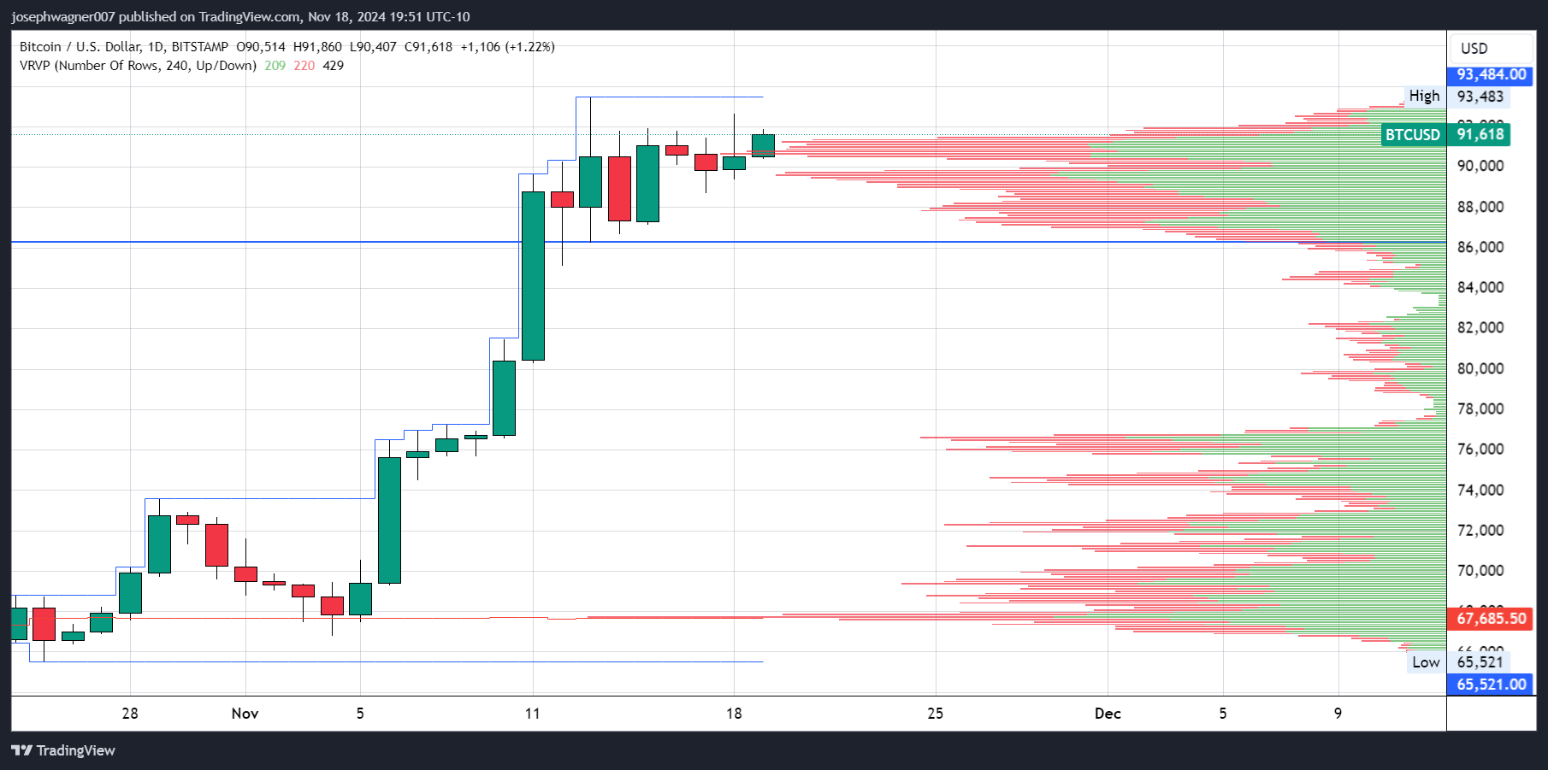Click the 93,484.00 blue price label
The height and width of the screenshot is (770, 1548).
click(x=1491, y=75)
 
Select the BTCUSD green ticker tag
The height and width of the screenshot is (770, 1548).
click(x=1412, y=135)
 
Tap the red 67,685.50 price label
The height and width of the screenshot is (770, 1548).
click(x=1491, y=619)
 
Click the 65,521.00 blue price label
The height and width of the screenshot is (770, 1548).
click(x=1491, y=685)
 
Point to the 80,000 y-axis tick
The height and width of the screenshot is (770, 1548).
click(x=1480, y=369)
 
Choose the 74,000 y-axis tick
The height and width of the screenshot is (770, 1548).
click(x=1480, y=491)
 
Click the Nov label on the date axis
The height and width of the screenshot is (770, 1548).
click(x=245, y=714)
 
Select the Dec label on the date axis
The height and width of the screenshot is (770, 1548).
click(x=1108, y=714)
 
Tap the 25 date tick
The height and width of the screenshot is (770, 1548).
click(x=935, y=714)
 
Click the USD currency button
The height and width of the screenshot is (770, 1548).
click(x=1474, y=49)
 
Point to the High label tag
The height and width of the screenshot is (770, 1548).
click(x=1424, y=97)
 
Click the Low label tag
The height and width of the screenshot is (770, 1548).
click(x=1426, y=662)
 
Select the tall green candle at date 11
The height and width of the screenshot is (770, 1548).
click(x=533, y=275)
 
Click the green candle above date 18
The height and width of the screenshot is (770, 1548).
click(x=734, y=162)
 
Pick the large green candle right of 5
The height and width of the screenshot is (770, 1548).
click(x=389, y=520)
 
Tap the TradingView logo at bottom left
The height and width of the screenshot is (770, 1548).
click(x=63, y=750)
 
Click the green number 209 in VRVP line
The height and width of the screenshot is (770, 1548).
click(x=275, y=66)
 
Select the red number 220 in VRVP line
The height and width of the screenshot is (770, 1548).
click(x=304, y=66)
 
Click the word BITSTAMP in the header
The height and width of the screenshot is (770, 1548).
click(x=200, y=47)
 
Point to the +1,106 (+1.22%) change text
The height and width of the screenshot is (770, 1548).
click(x=507, y=47)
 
